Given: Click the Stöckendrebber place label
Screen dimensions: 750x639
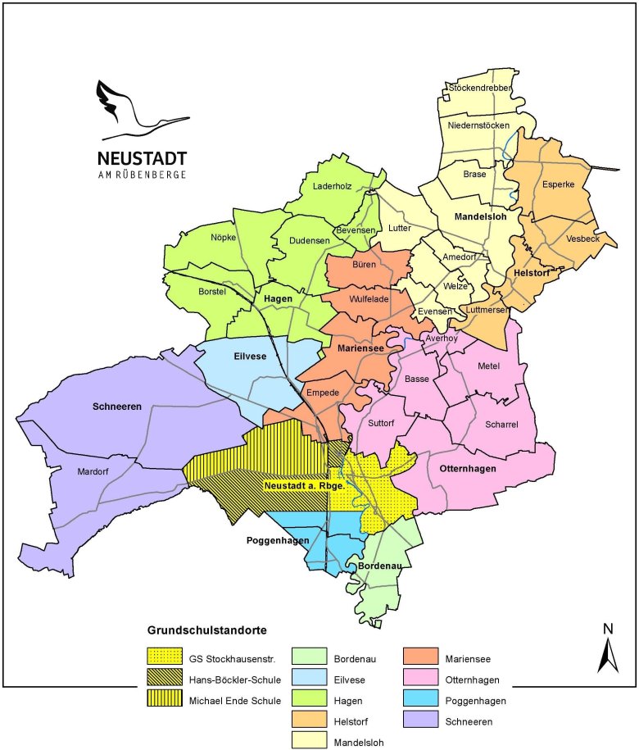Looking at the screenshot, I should click(481, 87).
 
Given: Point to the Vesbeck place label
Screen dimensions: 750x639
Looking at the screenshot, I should click(582, 239).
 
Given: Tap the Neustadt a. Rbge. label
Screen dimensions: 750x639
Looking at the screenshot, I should click(302, 485).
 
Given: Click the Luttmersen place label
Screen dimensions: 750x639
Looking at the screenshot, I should click(486, 310).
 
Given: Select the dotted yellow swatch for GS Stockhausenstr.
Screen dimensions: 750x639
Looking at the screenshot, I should click(163, 657).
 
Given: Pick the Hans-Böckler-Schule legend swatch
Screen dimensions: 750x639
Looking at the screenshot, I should click(163, 679).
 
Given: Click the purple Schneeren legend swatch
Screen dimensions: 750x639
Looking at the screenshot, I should click(424, 722).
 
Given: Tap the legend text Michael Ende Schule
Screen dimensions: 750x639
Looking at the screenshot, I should click(235, 700).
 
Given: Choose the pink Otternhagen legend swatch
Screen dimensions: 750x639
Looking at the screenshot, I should click(424, 679).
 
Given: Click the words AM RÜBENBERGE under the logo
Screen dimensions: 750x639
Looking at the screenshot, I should click(142, 175).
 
